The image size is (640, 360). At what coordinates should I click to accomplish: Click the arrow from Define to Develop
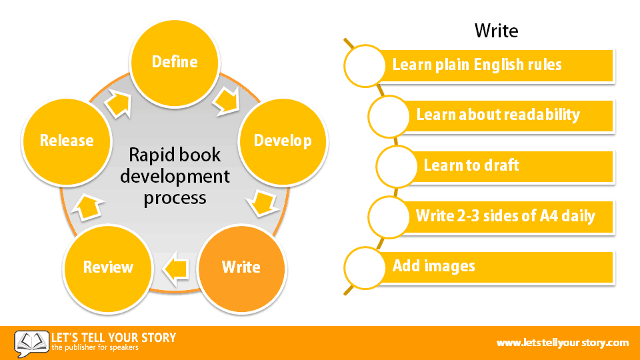pos(227,101)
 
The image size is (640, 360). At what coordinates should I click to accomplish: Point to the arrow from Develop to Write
pos(263,203)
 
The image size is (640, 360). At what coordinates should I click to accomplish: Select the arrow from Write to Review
pos(176,269)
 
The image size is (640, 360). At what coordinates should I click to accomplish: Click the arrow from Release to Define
pos(119,104)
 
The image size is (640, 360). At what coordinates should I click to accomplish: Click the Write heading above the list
pos(496,31)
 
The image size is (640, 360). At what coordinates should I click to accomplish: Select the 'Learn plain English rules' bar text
pos(477,65)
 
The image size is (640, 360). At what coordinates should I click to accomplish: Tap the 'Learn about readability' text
pos(498,115)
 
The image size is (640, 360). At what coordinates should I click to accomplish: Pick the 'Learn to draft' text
pos(471,165)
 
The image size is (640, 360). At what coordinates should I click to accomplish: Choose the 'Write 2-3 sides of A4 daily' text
pos(505,215)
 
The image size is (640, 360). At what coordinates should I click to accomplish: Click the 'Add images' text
pos(433,266)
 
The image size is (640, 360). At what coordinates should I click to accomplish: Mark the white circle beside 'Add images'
pos(365,268)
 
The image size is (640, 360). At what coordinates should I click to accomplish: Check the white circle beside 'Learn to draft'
pos(396,167)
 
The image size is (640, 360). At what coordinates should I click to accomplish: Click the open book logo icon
pos(31,343)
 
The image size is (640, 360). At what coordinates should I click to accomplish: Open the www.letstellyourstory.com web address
pos(563,343)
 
